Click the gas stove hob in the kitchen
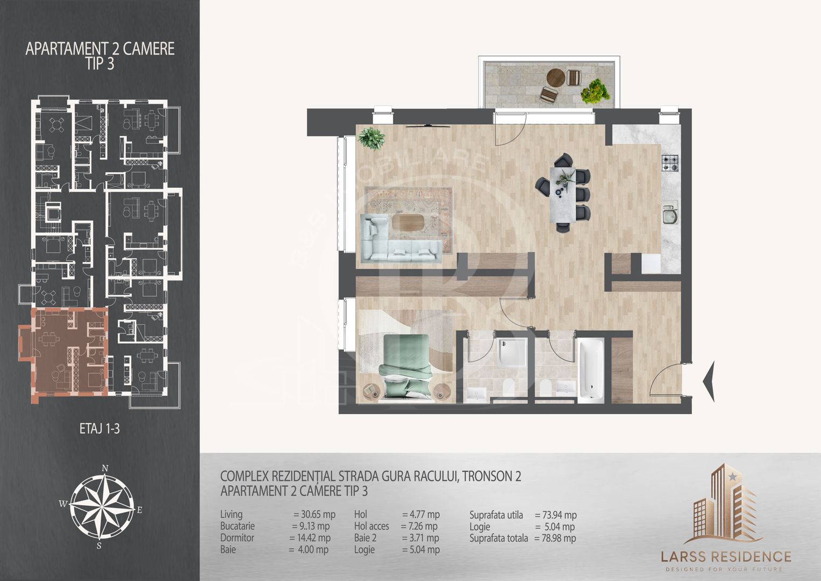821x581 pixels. point(670,163)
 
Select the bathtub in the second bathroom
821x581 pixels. point(590,371)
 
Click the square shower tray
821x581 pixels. point(512,352)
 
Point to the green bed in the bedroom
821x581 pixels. point(406,366)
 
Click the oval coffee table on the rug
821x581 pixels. point(408,223)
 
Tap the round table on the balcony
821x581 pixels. point(555,78)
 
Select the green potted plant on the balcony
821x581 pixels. point(595,91)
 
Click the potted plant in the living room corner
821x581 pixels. point(372,138)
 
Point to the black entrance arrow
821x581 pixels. point(709,381)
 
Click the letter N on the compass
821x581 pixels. point(105,468)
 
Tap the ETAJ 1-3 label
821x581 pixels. point(99,429)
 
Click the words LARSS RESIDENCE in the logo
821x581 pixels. point(726,556)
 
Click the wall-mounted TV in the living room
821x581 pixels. point(428,126)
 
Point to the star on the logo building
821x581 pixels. point(732,477)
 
